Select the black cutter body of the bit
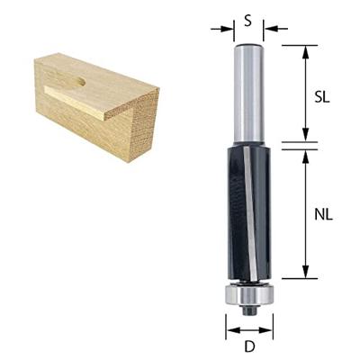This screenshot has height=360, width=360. [247, 211]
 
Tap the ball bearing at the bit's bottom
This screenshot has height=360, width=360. [247, 295]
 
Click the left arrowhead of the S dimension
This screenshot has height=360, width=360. [228, 29]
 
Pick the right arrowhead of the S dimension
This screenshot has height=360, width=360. [269, 29]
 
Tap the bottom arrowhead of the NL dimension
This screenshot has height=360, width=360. [306, 274]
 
